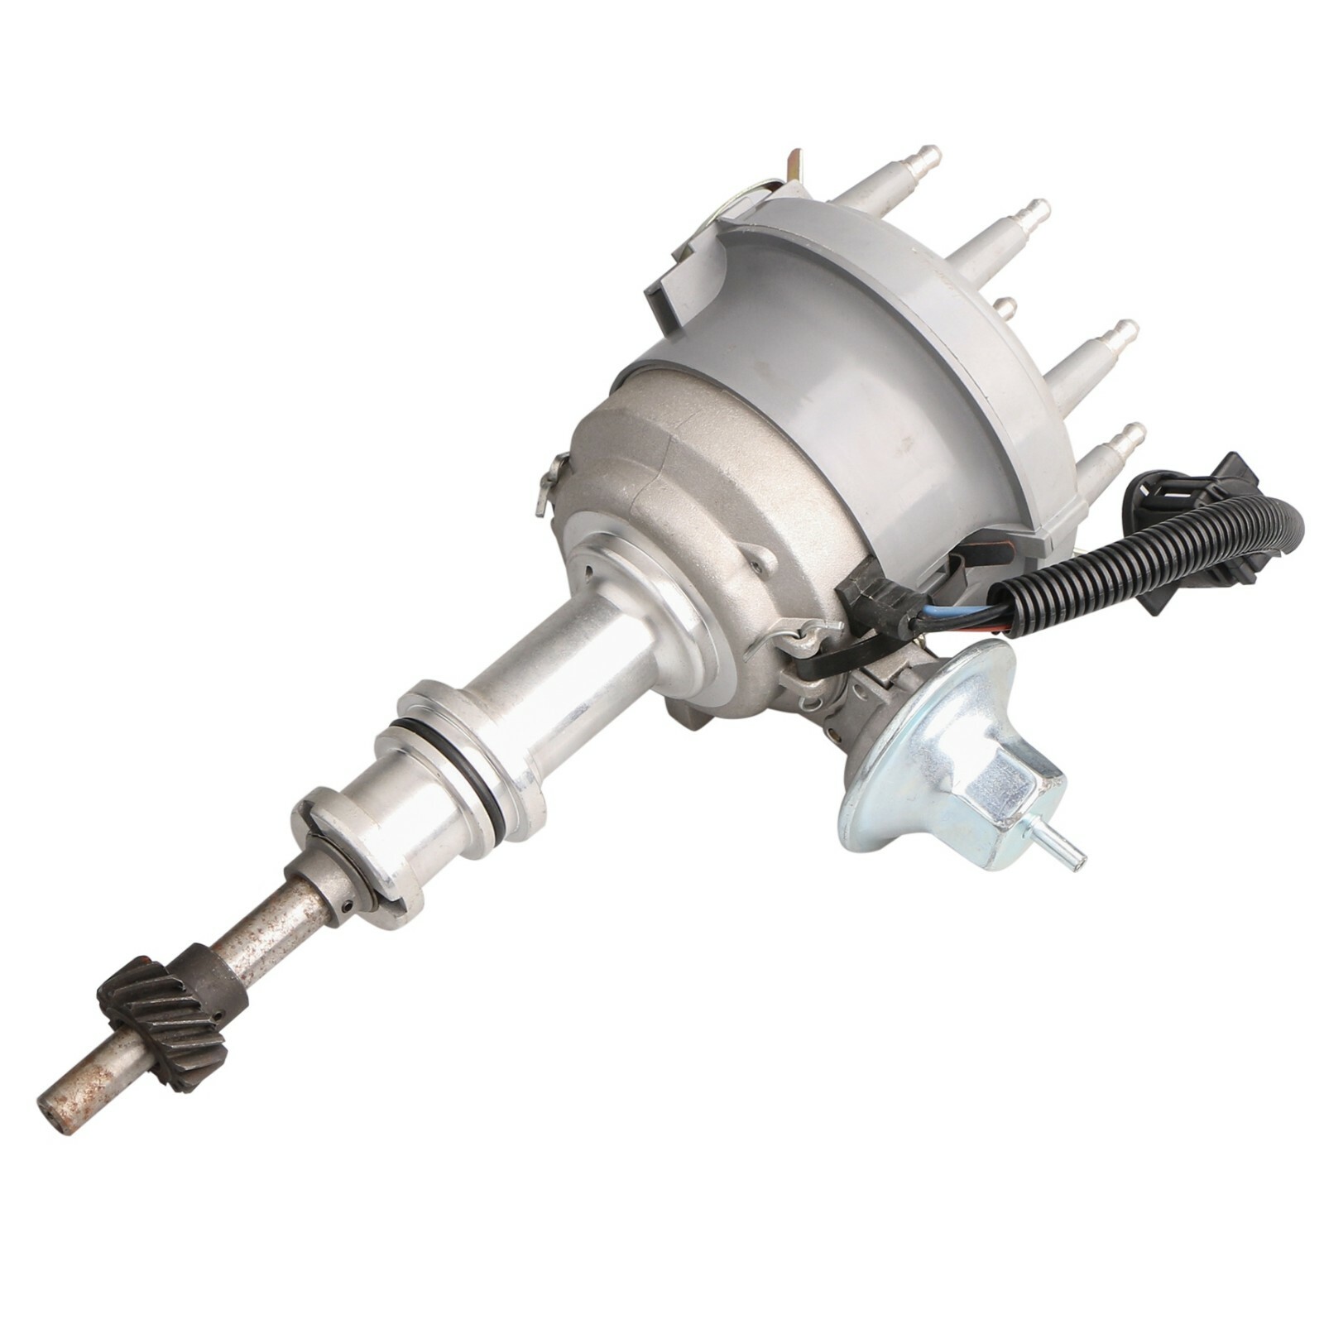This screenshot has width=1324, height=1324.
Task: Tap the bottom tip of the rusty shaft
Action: click(51, 1108)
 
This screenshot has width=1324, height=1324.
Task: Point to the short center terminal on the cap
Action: click(1003, 307)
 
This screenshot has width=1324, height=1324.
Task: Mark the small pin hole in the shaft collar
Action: click(346, 908)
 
